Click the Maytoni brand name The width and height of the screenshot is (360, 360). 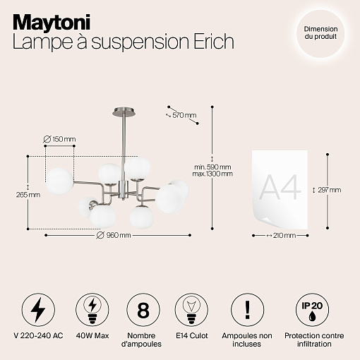[52, 23]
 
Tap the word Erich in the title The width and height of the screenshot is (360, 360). [214, 42]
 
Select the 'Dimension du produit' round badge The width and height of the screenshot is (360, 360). [320, 33]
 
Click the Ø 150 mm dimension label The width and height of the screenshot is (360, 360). [60, 139]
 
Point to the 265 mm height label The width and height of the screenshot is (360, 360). [28, 195]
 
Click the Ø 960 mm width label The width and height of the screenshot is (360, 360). [114, 235]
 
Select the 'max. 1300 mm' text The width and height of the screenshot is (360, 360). [212, 174]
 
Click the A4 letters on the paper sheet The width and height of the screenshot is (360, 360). [280, 188]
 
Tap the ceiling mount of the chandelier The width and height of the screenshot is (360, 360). [124, 112]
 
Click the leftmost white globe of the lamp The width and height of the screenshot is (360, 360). [59, 181]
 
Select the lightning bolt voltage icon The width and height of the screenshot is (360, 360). [38, 310]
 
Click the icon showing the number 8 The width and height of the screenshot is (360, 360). [143, 310]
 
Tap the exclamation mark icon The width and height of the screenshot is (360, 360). [247, 310]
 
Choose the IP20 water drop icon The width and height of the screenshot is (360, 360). [312, 310]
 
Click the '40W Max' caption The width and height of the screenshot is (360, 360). [92, 335]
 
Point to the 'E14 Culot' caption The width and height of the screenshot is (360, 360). [192, 335]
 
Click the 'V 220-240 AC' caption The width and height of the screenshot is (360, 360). [38, 335]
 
